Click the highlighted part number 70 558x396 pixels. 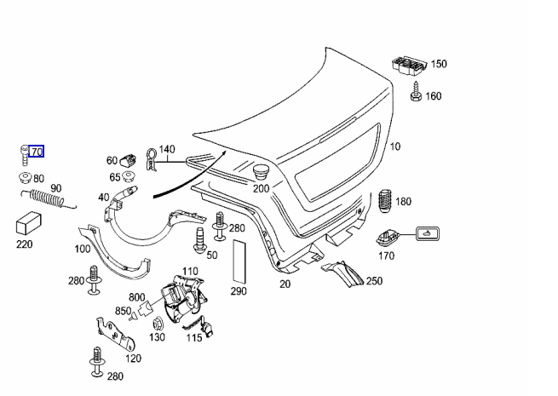tap(37, 152)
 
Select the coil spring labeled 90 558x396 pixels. tap(48, 198)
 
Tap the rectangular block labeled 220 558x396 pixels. tap(29, 223)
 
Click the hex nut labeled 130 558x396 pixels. tap(158, 324)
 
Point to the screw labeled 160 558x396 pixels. tap(416, 92)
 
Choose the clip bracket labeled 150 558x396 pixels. tap(409, 66)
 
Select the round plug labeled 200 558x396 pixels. tap(262, 173)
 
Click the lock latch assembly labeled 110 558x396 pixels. tap(183, 300)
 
